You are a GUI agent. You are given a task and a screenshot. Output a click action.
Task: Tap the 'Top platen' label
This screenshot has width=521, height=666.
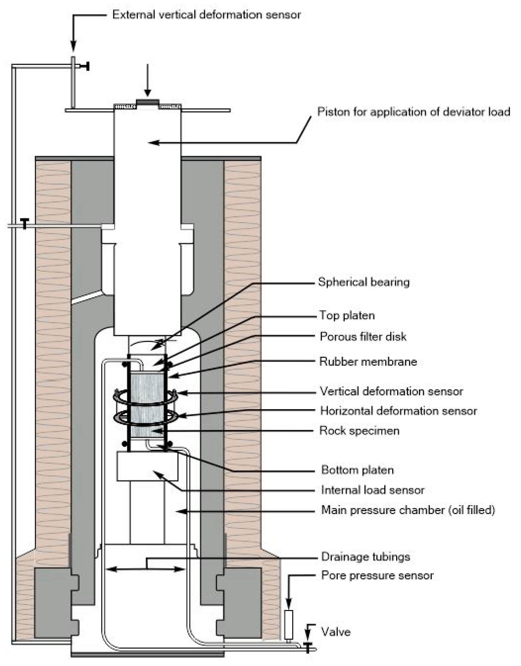347,315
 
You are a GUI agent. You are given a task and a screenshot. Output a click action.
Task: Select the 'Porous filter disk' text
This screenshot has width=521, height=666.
363,337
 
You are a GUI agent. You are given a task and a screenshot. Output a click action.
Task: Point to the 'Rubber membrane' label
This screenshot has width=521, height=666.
368,362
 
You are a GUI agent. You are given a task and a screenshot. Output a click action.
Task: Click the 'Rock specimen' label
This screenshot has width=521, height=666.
359,431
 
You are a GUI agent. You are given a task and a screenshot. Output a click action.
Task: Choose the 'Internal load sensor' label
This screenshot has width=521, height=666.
372,490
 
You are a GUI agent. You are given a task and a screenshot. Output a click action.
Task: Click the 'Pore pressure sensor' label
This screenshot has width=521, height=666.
377,575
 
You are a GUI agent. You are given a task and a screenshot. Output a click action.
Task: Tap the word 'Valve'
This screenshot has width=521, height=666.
336,632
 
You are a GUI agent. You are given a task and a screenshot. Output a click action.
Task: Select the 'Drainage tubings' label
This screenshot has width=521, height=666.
365,557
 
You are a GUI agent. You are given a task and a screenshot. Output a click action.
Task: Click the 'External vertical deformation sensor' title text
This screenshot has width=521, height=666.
206,15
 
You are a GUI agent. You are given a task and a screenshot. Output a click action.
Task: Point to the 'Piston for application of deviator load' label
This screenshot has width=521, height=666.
414,112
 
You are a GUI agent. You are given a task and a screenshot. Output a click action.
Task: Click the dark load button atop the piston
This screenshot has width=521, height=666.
147,102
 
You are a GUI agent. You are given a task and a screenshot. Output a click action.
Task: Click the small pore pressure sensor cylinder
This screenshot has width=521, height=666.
288,624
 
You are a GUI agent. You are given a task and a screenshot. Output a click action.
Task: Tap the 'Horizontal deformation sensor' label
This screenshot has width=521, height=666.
398,411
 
